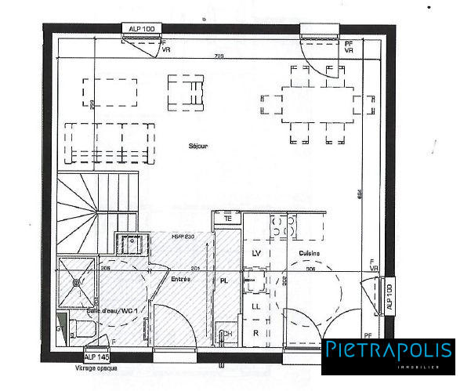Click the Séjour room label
click(198, 147)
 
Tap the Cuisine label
click(309, 253)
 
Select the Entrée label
click(181, 278)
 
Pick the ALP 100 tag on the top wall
click(142, 29)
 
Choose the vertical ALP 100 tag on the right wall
click(389, 299)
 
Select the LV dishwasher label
click(255, 253)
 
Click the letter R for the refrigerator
click(255, 333)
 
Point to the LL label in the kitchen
click(255, 306)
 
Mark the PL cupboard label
click(224, 281)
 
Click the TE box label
click(228, 219)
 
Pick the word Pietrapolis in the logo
click(389, 349)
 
